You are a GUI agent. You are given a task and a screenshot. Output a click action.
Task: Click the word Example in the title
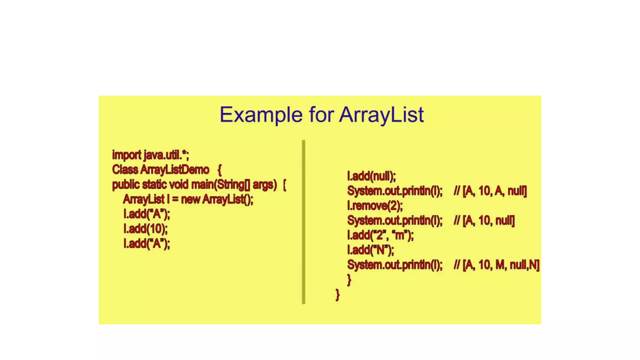point(261,115)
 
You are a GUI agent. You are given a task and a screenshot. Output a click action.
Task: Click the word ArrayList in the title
point(382,115)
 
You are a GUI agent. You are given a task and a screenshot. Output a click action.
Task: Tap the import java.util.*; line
point(150,155)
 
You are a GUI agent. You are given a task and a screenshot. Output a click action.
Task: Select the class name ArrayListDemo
point(175,170)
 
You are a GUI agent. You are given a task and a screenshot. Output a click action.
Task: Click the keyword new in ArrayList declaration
point(190,199)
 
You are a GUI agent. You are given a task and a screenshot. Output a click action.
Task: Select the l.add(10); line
point(145,229)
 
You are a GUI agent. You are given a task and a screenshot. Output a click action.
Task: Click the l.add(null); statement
point(371,176)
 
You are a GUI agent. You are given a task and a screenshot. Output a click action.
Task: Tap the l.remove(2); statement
point(375,206)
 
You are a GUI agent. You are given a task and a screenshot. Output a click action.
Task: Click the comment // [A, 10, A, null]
point(490,191)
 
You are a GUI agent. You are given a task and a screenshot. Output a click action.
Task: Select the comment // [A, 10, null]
point(484,220)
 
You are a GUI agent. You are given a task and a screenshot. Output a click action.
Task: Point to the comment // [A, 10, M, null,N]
point(496,265)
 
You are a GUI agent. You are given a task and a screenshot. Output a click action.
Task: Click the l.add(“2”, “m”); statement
point(380,235)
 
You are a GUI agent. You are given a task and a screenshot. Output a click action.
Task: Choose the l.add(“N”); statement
point(370,250)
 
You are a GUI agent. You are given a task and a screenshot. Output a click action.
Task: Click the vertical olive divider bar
point(303,222)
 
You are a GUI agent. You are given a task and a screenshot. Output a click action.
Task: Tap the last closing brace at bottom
point(337,294)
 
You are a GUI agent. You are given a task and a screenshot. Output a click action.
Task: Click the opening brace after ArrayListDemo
point(219,170)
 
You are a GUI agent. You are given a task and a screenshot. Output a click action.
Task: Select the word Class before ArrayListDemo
point(125,170)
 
